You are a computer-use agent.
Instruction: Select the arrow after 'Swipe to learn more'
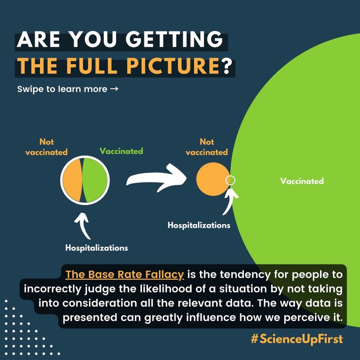(x=114, y=89)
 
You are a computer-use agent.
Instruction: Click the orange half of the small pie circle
(x=72, y=180)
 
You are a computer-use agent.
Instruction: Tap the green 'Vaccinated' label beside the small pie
(x=121, y=151)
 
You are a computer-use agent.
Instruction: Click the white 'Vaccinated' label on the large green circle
(x=302, y=181)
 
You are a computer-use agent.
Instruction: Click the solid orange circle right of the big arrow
(x=212, y=179)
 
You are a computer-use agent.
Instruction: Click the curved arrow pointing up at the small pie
(x=83, y=226)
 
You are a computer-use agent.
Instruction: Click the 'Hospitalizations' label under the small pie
(x=96, y=248)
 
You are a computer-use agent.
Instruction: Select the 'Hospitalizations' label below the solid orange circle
(x=199, y=225)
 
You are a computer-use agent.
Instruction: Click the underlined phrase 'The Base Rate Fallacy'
(x=125, y=275)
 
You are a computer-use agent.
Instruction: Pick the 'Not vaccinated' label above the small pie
(x=46, y=147)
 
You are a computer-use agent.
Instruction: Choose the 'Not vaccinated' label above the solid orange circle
(x=207, y=147)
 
